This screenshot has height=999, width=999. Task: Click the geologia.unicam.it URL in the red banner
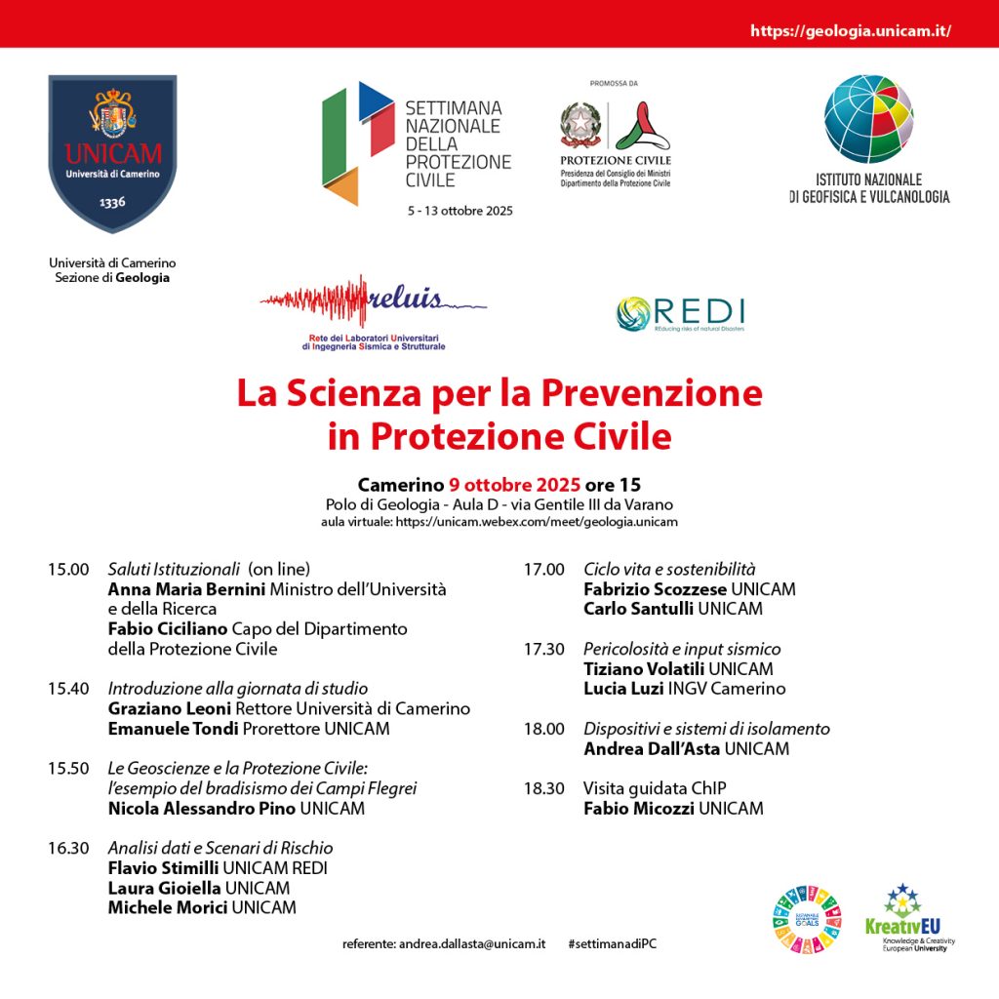point(850,31)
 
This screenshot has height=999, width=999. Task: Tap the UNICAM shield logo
point(112,153)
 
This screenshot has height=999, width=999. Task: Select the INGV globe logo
point(868,118)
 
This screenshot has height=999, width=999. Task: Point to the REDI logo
point(680,312)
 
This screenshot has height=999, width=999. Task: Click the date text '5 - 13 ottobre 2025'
point(460,211)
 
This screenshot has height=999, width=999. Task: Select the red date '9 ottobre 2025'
point(514,485)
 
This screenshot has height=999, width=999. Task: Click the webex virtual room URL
point(536,522)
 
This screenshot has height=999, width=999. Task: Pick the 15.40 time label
point(68,689)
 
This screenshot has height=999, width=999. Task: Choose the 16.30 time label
point(68,848)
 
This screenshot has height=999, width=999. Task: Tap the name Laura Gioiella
point(165,888)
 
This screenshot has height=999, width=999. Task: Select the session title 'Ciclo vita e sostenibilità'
point(669,569)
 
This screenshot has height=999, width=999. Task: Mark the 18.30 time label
point(544,788)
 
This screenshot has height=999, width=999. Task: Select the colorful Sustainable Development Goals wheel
point(806,918)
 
